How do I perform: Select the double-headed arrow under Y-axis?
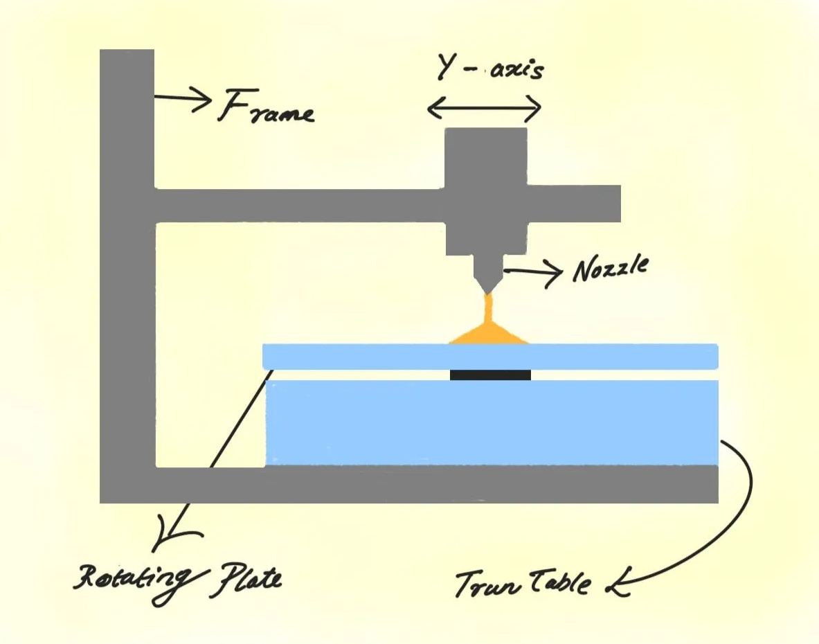(484, 107)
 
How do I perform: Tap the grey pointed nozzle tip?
(489, 280)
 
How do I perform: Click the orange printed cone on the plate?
(489, 333)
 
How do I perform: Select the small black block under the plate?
(490, 375)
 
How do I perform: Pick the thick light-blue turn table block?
(492, 422)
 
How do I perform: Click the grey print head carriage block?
(485, 190)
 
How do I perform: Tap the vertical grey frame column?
(127, 277)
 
